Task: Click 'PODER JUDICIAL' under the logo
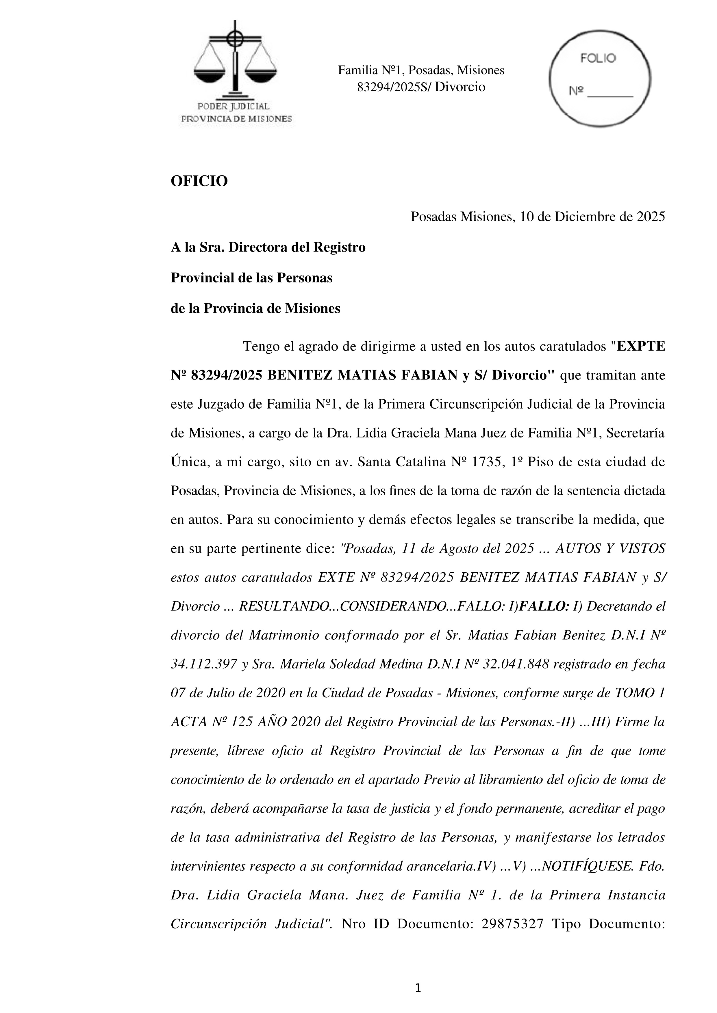pos(233,106)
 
